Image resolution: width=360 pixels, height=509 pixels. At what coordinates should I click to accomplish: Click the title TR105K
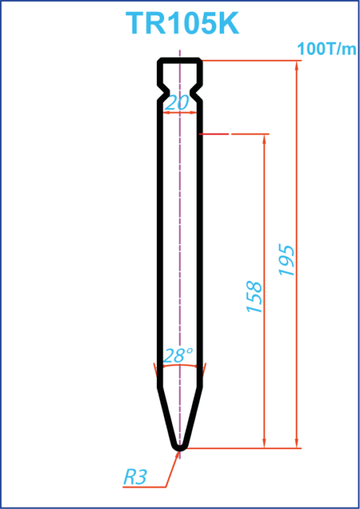point(182,23)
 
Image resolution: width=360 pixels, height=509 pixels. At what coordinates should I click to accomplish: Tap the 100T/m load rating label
point(327,50)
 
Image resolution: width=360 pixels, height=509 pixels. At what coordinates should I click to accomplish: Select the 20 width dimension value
point(176,103)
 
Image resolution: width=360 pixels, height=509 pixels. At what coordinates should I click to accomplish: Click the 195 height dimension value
point(287,261)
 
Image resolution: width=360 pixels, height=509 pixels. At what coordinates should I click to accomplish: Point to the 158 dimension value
point(255,297)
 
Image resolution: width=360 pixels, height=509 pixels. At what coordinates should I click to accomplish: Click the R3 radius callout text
point(135,477)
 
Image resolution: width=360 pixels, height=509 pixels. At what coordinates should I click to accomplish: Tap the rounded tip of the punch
point(180,449)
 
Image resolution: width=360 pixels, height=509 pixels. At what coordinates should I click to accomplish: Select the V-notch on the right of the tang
point(197,92)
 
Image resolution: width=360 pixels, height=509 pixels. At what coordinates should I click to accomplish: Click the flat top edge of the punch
point(180,60)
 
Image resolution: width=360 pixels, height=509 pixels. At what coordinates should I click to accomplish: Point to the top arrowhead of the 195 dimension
point(297,66)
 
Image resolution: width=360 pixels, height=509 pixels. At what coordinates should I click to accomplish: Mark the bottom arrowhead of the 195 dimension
point(297,443)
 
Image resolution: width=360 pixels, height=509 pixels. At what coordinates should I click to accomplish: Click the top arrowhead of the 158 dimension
point(264,139)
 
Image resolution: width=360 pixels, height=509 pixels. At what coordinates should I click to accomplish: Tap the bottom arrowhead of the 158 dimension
point(264,443)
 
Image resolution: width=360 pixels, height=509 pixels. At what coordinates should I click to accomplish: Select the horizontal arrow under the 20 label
point(179,112)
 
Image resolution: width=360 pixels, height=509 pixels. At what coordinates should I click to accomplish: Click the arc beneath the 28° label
point(179,365)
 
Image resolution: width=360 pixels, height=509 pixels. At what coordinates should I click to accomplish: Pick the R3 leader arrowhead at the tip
point(177,454)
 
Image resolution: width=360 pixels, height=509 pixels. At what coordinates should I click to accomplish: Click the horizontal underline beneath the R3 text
point(145,487)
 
